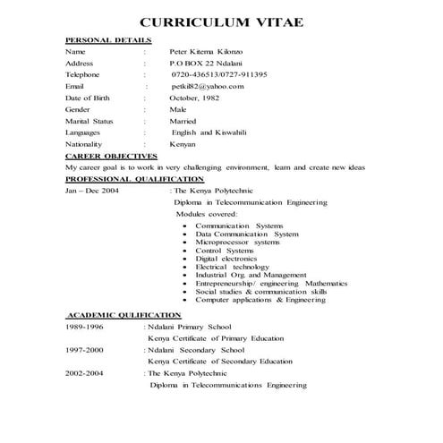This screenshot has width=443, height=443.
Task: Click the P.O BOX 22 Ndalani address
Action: (x=201, y=65)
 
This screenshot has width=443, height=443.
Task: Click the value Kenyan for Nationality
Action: (x=183, y=144)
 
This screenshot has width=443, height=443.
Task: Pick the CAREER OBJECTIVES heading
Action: (x=112, y=155)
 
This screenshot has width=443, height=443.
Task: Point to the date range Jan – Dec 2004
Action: (x=92, y=191)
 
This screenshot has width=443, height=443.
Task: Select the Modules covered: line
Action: (x=207, y=214)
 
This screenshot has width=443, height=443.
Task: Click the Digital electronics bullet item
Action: (x=231, y=258)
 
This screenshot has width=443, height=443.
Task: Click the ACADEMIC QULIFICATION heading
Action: (x=124, y=315)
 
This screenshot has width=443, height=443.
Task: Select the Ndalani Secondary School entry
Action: (x=203, y=351)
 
